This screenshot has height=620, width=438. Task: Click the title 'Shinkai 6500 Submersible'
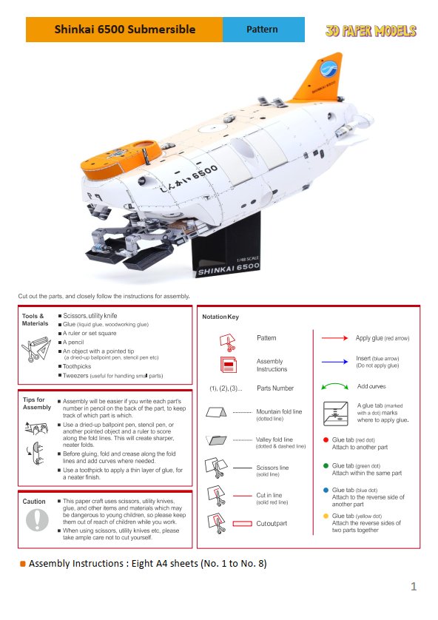(x=124, y=30)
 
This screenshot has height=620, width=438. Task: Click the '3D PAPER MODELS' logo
(x=371, y=30)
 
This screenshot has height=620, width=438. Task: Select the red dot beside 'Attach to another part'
(x=326, y=439)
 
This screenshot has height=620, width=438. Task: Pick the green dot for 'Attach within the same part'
(x=326, y=466)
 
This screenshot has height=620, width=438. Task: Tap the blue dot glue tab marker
(x=326, y=490)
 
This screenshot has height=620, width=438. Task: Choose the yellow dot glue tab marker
(x=326, y=516)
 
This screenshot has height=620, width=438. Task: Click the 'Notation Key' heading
(x=220, y=317)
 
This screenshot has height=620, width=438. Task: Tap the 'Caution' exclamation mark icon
(x=36, y=520)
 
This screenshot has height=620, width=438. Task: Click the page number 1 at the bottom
(x=414, y=587)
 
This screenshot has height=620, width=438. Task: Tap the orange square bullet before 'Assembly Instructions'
(x=23, y=564)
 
